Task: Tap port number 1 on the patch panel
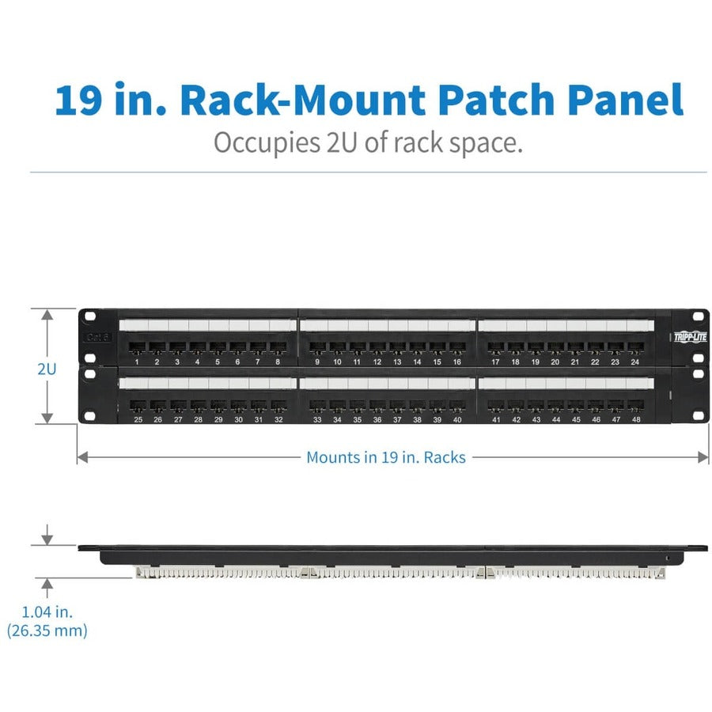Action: click(137, 348)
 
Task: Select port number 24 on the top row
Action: click(634, 348)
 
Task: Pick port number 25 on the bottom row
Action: click(138, 407)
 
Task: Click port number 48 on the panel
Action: click(635, 407)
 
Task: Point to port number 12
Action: click(377, 348)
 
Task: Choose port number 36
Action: click(377, 407)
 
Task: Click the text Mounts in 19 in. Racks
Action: click(386, 457)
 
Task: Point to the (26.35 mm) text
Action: click(47, 631)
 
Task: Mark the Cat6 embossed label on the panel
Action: click(97, 336)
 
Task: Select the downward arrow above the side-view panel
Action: click(47, 537)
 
